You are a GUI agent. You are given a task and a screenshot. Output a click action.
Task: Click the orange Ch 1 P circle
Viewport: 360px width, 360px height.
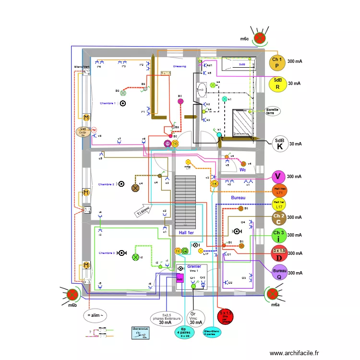pos(277,62)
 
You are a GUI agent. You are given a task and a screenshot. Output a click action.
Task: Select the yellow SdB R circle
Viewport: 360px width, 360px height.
pos(277,84)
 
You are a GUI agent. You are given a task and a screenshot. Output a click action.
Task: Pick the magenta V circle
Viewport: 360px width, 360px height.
pos(278,177)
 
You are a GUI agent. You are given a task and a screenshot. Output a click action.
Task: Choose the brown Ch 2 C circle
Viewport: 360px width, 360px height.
pos(279,218)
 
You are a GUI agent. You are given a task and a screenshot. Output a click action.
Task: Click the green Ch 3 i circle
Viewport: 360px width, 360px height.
pos(279,236)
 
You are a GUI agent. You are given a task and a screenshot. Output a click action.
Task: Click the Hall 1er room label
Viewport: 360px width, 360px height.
pos(190,233)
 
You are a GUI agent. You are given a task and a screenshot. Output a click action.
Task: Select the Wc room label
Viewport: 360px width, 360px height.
pos(242,169)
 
